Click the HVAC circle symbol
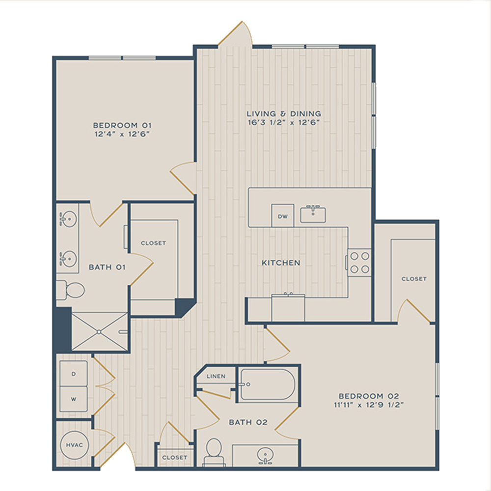click(74, 445)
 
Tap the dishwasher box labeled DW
click(282, 216)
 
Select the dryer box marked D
click(74, 374)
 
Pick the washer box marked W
click(74, 399)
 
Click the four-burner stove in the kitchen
click(359, 263)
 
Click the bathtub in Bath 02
click(268, 384)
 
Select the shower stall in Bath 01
click(100, 331)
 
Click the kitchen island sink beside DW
click(313, 215)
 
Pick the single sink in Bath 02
click(265, 455)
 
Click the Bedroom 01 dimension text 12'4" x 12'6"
click(122, 134)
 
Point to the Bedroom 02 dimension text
click(369, 405)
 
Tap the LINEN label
click(216, 376)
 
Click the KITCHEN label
click(281, 263)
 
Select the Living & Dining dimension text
click(284, 122)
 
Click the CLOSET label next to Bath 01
click(153, 243)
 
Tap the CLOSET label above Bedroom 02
click(414, 279)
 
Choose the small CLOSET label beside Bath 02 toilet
click(174, 458)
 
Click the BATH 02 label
click(248, 422)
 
